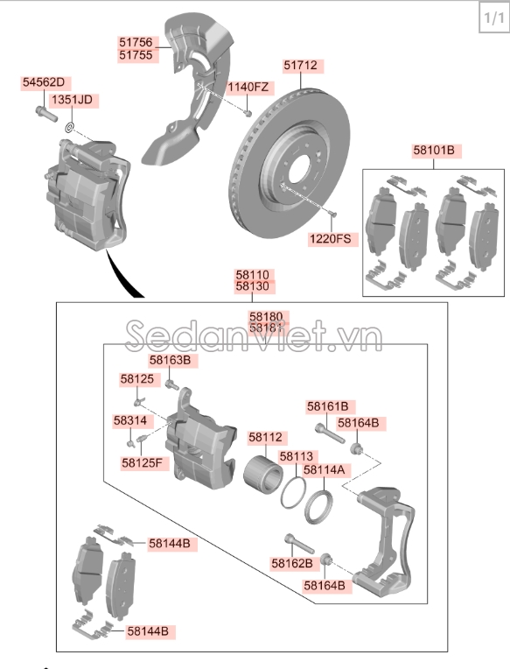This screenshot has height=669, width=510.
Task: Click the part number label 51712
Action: [x=300, y=66]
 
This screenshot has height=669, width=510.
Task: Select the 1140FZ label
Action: [x=249, y=87]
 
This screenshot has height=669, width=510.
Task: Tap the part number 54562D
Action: [x=44, y=83]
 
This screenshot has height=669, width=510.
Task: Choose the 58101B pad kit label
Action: [x=435, y=151]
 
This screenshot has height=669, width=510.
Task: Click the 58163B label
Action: [x=169, y=360]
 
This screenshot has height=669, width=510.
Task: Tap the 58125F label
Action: [x=142, y=462]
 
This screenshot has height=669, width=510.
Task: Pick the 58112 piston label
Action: [x=265, y=437]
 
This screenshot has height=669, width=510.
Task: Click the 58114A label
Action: [x=325, y=469]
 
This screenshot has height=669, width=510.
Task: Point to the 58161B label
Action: [x=327, y=406]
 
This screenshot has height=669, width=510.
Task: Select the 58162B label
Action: [x=291, y=563]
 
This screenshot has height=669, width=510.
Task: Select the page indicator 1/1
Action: [x=490, y=18]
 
